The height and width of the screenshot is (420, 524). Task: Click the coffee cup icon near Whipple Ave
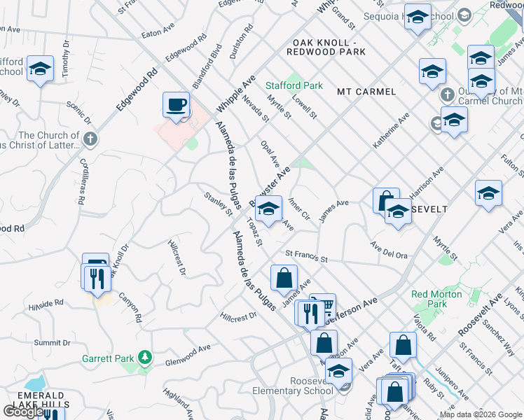176,105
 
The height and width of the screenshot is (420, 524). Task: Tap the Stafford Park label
294,85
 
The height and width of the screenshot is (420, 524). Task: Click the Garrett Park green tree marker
145,358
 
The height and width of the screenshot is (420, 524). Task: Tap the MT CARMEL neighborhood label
366,92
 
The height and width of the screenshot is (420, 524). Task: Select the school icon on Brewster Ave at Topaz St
268,208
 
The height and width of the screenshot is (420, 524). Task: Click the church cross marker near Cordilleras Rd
89,139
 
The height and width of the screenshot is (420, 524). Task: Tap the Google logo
22,412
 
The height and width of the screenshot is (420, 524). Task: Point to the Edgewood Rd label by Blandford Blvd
186,48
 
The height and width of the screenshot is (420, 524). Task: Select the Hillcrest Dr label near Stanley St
177,257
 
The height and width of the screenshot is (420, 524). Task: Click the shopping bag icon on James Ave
283,278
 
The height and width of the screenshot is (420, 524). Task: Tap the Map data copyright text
481,414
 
